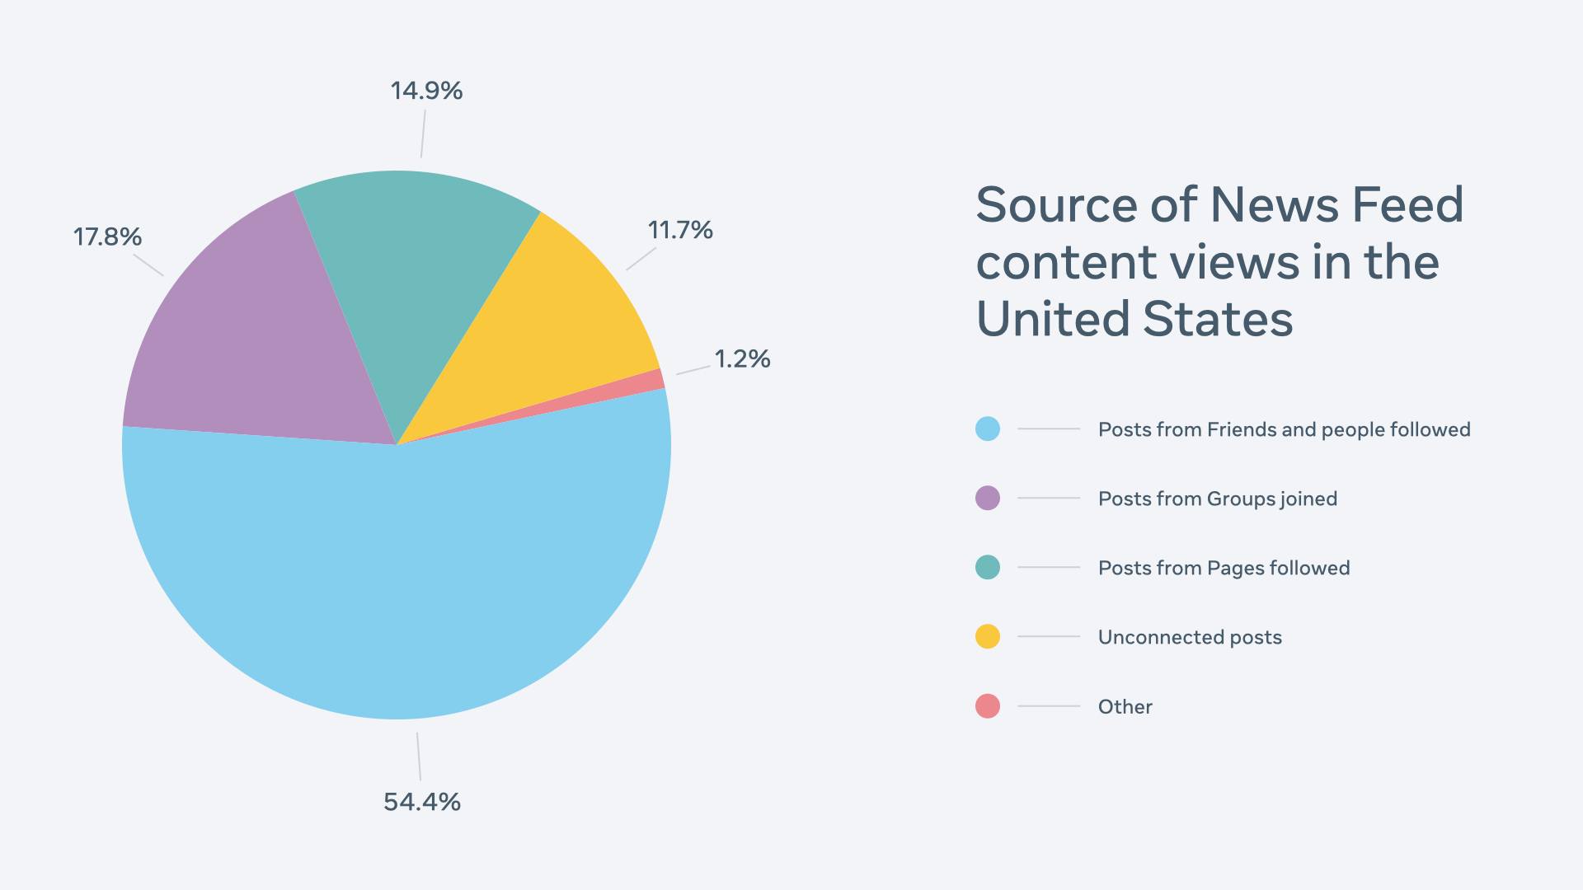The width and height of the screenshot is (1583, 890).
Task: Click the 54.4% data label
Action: tap(422, 802)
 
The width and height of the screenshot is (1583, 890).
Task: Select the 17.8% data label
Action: tap(107, 237)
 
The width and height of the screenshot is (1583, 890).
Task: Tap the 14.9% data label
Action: tap(426, 91)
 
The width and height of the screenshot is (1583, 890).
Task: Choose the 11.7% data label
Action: tap(680, 230)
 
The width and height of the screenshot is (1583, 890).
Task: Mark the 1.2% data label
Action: tap(742, 359)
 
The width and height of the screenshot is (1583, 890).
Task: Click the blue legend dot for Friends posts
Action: tap(988, 429)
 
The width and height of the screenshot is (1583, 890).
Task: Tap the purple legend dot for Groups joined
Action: tap(988, 499)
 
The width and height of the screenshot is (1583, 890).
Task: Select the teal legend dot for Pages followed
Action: tap(988, 568)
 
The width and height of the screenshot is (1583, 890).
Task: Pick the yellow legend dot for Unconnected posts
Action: tap(988, 637)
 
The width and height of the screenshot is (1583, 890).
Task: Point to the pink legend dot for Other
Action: tap(988, 706)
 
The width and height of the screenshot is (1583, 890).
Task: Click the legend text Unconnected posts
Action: tap(1190, 637)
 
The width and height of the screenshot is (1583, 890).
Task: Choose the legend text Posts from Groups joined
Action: tap(1217, 499)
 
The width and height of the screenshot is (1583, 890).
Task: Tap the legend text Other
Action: tap(1125, 707)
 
